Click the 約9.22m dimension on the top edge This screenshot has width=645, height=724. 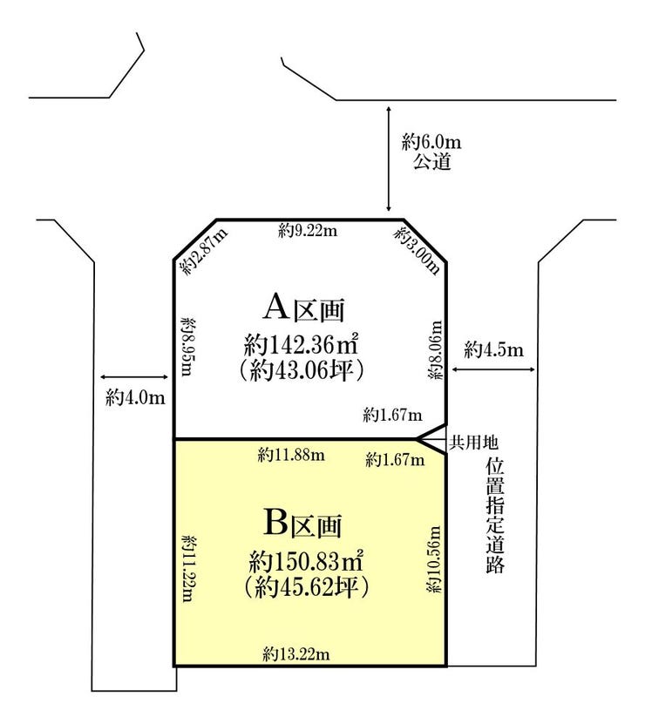308,230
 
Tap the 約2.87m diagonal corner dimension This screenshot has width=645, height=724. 205,251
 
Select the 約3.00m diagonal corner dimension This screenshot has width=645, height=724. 417,251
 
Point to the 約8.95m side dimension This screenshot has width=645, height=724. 187,346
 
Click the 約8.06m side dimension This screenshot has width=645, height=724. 435,350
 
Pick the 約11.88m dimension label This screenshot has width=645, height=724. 291,456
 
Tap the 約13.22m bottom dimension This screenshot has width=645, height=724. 296,653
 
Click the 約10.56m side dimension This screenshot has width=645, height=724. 434,559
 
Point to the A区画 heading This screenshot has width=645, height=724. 304,308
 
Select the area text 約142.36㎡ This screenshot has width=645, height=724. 302,345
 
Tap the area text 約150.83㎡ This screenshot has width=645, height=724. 305,562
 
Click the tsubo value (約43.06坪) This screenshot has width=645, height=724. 302,370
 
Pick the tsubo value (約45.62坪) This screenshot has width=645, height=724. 305,587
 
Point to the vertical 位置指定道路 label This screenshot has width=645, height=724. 494,517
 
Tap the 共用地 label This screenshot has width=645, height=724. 474,443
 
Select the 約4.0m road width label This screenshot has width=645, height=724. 135,397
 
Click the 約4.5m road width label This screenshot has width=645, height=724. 494,349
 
